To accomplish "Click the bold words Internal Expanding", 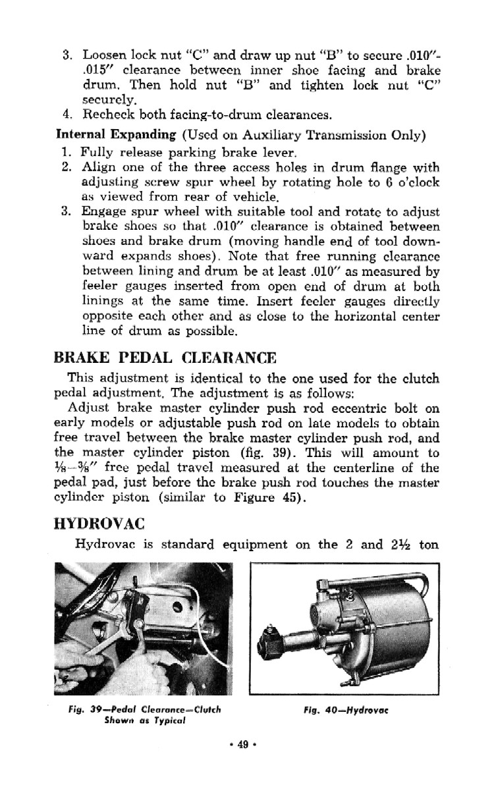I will click(116, 136).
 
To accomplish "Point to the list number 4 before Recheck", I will click(66, 117).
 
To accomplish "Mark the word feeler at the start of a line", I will click(97, 285).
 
